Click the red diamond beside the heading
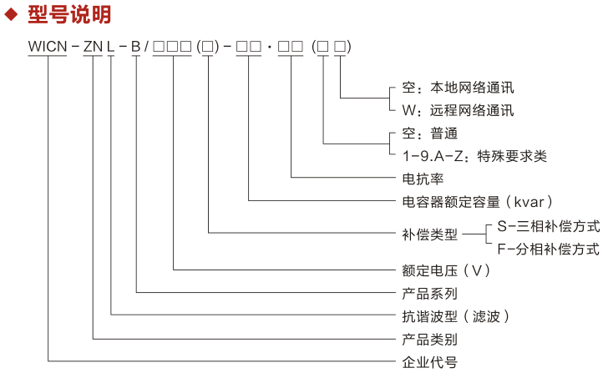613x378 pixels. click(13, 15)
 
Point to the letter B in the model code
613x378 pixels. click(135, 48)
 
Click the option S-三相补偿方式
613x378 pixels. click(548, 225)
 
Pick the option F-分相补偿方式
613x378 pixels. click(548, 248)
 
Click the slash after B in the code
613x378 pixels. click(146, 48)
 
